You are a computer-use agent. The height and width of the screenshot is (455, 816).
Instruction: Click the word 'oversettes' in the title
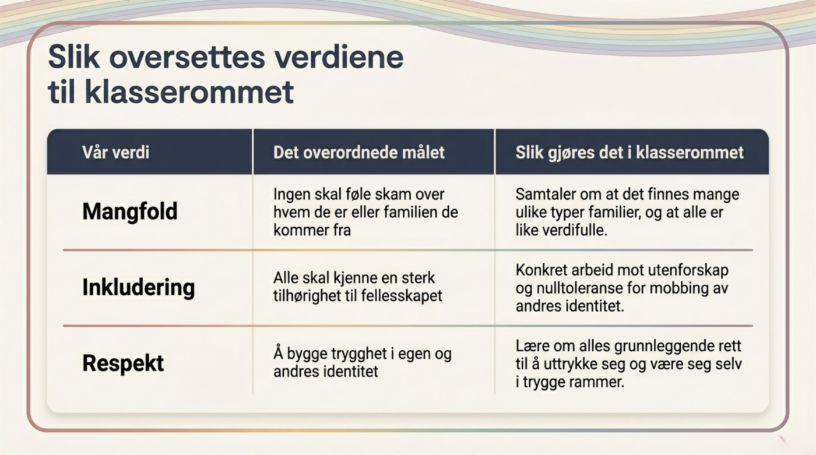coord(187,58)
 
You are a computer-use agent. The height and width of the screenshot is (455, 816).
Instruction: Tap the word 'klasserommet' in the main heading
coord(189,91)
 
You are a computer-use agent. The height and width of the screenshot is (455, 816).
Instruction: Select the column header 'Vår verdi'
coord(116,152)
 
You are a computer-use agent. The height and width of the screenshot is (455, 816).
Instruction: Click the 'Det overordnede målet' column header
coord(359,152)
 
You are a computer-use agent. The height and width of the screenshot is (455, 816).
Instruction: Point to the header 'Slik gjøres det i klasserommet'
coord(629,153)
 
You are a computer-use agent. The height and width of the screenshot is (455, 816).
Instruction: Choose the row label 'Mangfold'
coord(129,211)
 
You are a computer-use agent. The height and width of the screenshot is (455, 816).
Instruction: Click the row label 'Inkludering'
coord(139,288)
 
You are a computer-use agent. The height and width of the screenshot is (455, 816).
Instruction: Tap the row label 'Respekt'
coord(123,364)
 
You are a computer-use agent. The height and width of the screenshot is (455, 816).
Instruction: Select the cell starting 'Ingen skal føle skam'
coord(365,212)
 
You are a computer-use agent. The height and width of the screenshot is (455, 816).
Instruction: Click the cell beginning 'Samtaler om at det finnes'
coord(627,212)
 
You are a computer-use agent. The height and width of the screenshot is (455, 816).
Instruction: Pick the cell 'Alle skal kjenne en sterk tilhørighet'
coord(357,287)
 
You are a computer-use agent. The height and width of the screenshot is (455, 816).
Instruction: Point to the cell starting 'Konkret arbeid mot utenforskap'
coord(622,288)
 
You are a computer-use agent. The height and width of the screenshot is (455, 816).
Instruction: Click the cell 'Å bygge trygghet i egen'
coord(363,362)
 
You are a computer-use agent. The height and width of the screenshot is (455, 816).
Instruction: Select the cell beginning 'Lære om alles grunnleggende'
coord(628,364)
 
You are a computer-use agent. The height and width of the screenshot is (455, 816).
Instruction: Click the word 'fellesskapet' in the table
coord(402,296)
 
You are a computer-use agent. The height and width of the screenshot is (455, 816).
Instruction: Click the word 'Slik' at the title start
coord(73,58)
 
